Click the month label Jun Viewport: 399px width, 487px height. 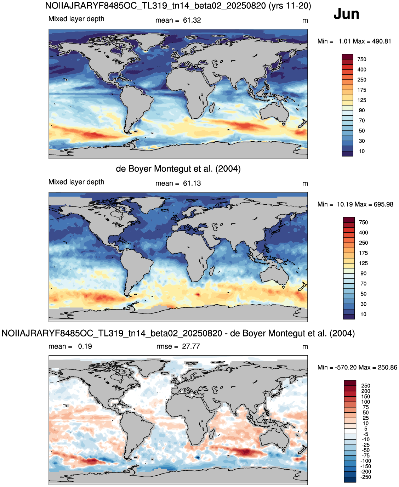346,14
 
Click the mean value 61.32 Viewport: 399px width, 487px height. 192,20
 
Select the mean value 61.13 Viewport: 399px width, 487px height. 192,183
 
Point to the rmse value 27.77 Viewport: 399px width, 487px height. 190,346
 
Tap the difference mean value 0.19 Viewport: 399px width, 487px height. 85,346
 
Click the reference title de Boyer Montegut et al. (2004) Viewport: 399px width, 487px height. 178,169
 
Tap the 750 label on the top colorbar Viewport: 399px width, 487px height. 361,60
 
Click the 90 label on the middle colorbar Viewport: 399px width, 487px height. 363,273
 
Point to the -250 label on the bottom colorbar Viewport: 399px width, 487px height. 366,477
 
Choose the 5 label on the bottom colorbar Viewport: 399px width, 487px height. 366,429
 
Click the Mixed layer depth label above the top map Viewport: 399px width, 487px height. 76,19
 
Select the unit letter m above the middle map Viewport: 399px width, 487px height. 305,184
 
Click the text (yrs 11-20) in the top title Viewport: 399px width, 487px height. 290,6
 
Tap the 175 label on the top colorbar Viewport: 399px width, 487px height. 361,90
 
